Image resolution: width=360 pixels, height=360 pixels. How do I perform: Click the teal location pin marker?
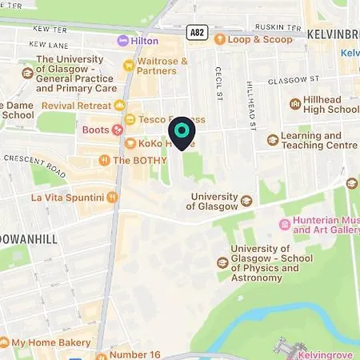pos(182,131)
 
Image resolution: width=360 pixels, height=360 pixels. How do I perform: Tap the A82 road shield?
pos(197,32)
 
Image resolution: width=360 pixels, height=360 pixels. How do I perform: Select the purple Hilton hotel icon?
pos(122,40)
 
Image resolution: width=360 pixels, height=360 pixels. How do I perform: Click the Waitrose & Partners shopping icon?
pos(128,65)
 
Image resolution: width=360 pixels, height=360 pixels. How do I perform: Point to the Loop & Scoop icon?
pos(219,38)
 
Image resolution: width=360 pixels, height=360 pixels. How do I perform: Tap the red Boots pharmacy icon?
pos(118,129)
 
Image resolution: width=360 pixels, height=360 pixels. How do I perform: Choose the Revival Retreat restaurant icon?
pos(120,106)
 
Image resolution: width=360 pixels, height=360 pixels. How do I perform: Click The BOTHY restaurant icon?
pos(103,160)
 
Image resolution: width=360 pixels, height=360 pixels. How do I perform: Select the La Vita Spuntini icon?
pos(113,197)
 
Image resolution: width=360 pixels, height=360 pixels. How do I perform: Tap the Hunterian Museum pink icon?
pos(283,222)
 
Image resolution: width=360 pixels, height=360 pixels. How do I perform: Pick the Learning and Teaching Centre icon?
pos(273,139)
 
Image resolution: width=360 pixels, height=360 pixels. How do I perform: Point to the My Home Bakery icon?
pos(5,342)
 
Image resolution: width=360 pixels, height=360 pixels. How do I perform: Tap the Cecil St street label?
pos(218,83)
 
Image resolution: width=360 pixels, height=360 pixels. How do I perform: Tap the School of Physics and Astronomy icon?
pos(222,262)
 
